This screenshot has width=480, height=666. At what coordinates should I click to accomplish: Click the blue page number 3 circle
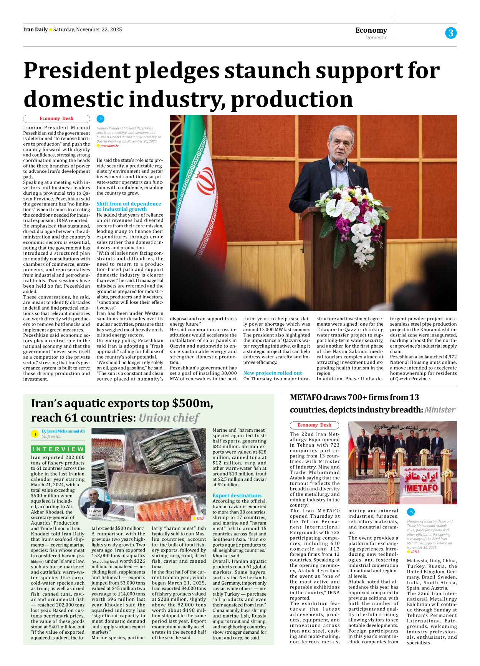tap(451, 33)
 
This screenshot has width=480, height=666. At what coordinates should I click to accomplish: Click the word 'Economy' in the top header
tap(371, 30)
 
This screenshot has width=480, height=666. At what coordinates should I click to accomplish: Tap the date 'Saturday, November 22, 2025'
tap(88, 30)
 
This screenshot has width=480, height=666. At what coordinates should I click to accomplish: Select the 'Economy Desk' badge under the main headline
tap(56, 119)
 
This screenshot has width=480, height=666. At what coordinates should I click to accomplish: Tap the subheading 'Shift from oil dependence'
tap(129, 204)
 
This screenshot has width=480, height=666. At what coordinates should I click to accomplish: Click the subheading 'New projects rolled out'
tap(272, 373)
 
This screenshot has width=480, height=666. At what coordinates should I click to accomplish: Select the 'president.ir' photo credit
tap(109, 146)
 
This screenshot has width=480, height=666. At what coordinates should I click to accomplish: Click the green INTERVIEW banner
tap(58, 449)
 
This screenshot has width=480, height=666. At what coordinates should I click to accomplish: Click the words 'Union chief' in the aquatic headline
tap(169, 418)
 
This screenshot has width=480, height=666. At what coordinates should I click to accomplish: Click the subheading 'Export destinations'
tap(237, 495)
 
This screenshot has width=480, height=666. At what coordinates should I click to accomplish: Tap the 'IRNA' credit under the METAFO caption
tap(415, 552)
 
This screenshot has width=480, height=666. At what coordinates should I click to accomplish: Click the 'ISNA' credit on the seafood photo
tap(200, 519)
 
